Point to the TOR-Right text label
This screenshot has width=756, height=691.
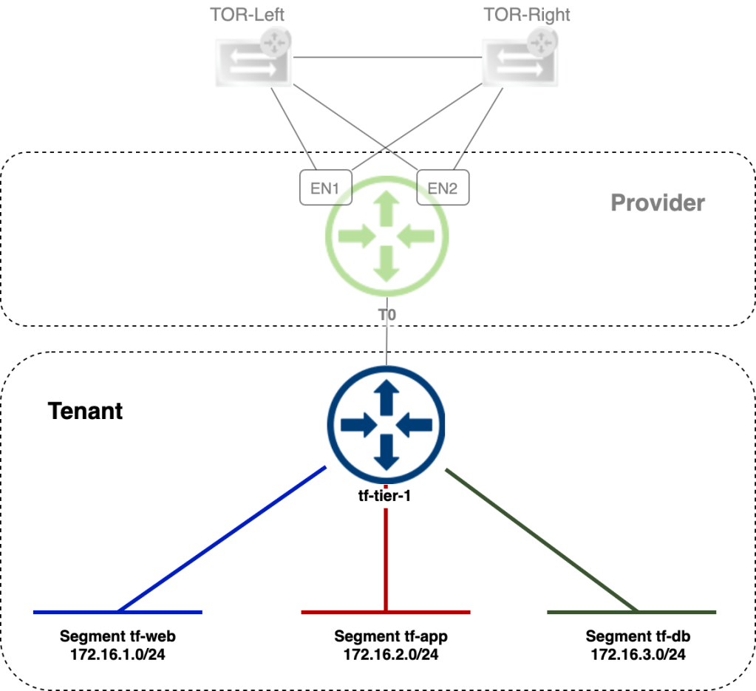pyautogui.click(x=527, y=15)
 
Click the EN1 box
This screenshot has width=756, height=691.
pyautogui.click(x=324, y=188)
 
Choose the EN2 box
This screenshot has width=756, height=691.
pyautogui.click(x=443, y=188)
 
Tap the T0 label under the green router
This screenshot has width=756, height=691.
pyautogui.click(x=387, y=314)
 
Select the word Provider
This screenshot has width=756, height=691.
pyautogui.click(x=658, y=202)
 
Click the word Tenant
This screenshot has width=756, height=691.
pyautogui.click(x=86, y=411)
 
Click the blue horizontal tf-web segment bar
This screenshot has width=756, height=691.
pyautogui.click(x=118, y=612)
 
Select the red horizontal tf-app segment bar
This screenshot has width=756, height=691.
pyautogui.click(x=385, y=612)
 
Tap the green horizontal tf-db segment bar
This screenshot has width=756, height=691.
pyautogui.click(x=631, y=612)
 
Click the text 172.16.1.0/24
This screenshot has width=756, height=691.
pyautogui.click(x=118, y=654)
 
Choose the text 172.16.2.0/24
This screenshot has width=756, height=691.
pyautogui.click(x=391, y=654)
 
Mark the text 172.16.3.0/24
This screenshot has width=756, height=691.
pyautogui.click(x=638, y=654)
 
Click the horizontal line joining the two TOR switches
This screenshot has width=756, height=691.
pyautogui.click(x=386, y=58)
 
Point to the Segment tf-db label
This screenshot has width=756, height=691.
pyautogui.click(x=638, y=636)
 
